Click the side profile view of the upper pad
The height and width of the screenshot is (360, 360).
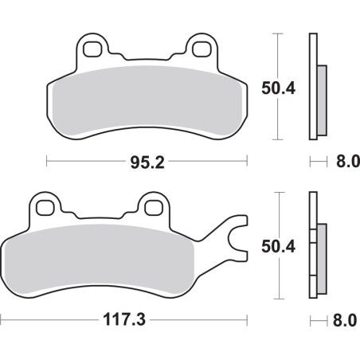click(x=315, y=87)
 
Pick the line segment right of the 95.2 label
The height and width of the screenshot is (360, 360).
click(x=205, y=164)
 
